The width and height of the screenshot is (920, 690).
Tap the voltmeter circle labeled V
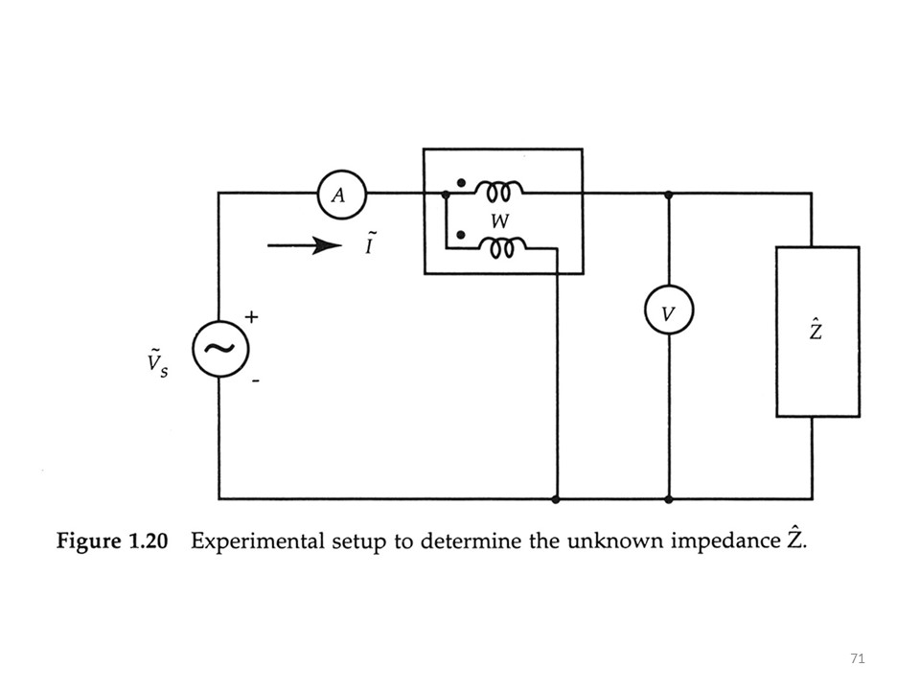(668, 312)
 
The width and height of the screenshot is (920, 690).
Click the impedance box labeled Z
(816, 332)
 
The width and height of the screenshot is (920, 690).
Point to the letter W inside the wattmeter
(499, 221)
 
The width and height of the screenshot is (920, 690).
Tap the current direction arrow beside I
(304, 246)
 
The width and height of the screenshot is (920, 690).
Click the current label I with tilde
(369, 245)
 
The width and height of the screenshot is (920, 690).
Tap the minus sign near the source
(256, 381)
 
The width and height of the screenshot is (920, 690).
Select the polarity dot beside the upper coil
(461, 181)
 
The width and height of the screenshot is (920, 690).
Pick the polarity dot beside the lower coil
(461, 235)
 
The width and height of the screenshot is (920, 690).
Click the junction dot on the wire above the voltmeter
(668, 194)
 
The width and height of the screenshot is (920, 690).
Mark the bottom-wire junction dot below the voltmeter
(668, 499)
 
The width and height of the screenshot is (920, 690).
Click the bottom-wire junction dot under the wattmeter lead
(556, 499)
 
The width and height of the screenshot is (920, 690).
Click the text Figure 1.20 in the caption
(112, 541)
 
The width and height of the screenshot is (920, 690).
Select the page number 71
(857, 658)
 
